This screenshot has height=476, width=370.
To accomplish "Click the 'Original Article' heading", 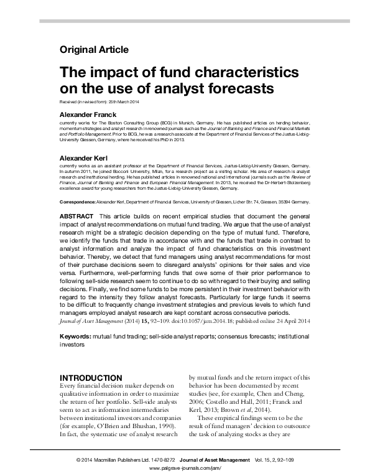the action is [94, 49].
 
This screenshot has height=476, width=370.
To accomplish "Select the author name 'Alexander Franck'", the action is [90, 116].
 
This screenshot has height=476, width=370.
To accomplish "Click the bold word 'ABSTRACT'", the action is [76, 215].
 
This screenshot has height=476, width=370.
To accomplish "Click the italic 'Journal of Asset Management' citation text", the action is [89, 324].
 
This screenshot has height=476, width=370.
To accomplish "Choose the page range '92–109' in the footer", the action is [297, 459].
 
